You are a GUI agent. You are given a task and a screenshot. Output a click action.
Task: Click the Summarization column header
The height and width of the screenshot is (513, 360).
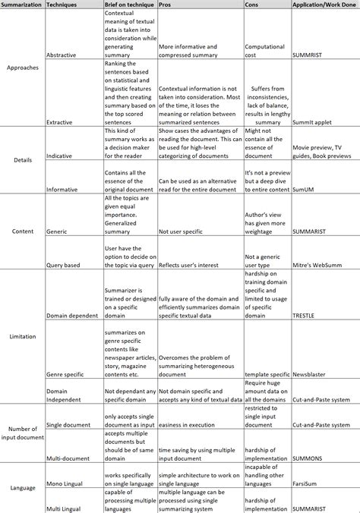22,5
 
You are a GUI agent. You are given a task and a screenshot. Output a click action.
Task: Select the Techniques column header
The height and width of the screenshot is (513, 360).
62,5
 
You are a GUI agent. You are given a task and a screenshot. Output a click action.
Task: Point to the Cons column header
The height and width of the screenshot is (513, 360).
251,5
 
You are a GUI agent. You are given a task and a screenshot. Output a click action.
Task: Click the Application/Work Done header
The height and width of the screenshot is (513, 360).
323,5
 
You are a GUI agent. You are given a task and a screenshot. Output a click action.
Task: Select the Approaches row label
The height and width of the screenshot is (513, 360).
22,66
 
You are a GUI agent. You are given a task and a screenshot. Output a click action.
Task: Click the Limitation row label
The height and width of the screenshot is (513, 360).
22,335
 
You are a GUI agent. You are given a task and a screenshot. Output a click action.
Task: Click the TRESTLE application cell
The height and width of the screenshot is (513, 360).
305,314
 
